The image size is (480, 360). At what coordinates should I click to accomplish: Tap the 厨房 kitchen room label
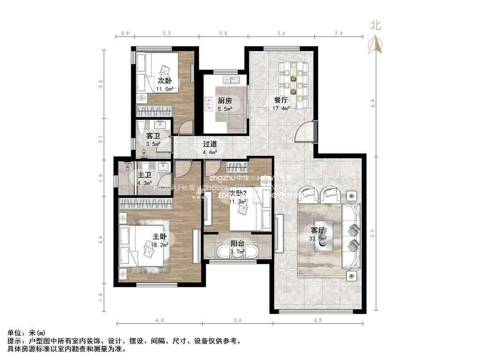[x=225, y=100]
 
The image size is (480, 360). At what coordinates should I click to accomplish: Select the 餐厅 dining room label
[x=281, y=100]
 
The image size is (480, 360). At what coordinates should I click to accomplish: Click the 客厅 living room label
[x=318, y=230]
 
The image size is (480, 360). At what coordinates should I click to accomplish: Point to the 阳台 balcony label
[x=237, y=243]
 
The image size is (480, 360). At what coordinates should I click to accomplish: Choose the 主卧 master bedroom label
[x=159, y=237]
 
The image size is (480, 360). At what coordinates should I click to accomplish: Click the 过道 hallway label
[x=210, y=144]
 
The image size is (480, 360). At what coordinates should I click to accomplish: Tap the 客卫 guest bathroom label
[x=153, y=136]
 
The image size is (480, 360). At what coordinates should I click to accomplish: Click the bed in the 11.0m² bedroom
[x=157, y=72]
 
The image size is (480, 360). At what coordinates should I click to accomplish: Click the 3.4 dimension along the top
[x=281, y=33]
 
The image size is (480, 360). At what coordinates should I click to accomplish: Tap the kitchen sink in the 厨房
[x=232, y=80]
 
